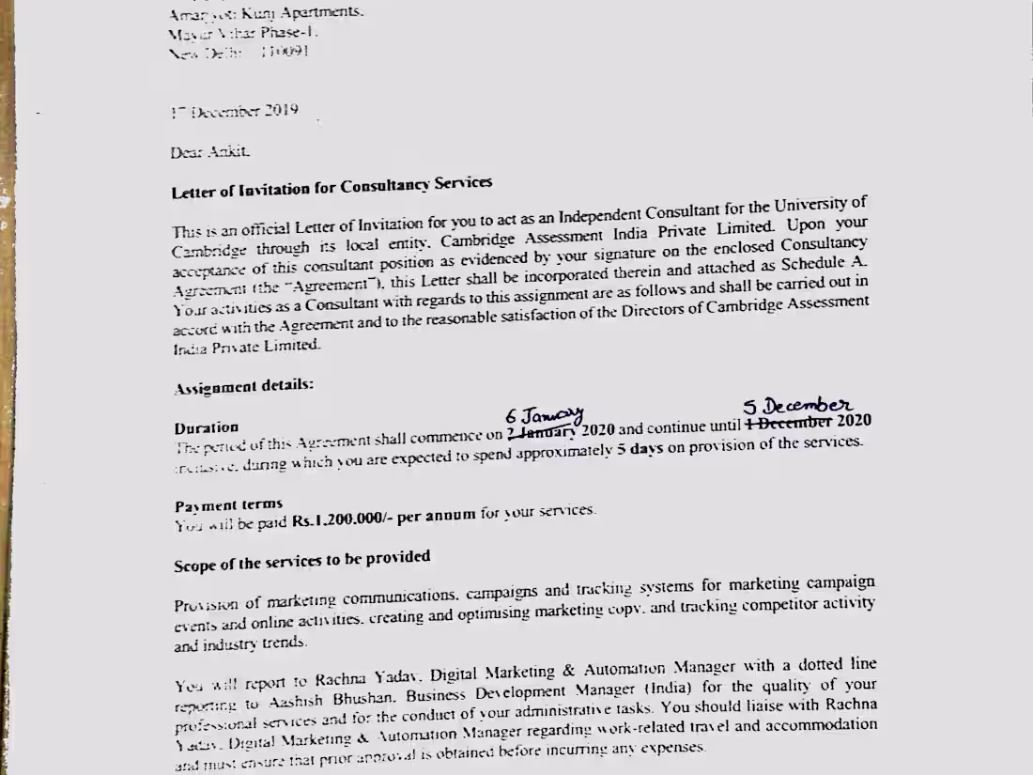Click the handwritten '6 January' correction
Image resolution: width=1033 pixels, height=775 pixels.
pyautogui.click(x=545, y=414)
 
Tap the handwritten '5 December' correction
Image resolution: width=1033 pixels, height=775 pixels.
pyautogui.click(x=797, y=406)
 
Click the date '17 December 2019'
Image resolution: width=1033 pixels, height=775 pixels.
pyautogui.click(x=235, y=111)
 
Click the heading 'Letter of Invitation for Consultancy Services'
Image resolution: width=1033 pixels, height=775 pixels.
pyautogui.click(x=331, y=188)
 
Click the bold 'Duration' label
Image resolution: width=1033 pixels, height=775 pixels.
pyautogui.click(x=207, y=427)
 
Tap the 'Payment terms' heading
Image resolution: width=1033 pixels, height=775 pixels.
pyautogui.click(x=228, y=504)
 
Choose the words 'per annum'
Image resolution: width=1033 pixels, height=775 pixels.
pyautogui.click(x=437, y=516)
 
